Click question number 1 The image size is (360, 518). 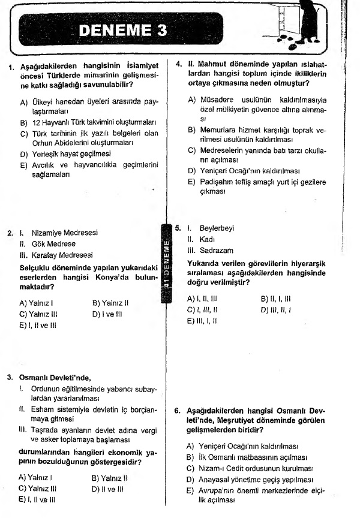(11, 67)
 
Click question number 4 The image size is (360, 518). (178, 62)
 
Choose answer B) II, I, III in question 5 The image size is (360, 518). (276, 298)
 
